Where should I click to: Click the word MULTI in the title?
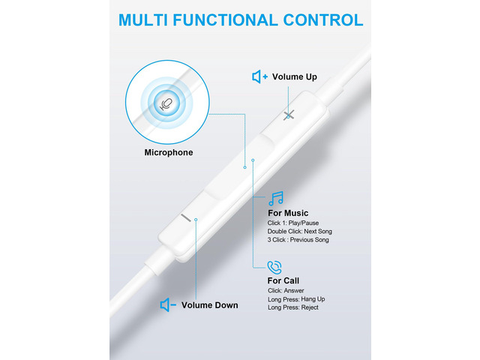pyautogui.click(x=143, y=20)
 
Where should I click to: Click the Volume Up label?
pyautogui.click(x=295, y=76)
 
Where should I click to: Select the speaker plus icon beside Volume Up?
pyautogui.click(x=260, y=76)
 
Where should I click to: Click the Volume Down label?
pyautogui.click(x=210, y=305)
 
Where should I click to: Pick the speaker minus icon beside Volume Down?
pyautogui.click(x=168, y=305)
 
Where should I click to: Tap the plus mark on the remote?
pyautogui.click(x=289, y=115)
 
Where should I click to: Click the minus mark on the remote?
pyautogui.click(x=186, y=217)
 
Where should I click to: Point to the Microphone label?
pyautogui.click(x=169, y=152)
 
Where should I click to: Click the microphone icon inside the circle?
pyautogui.click(x=166, y=104)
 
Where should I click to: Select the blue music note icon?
pyautogui.click(x=276, y=199)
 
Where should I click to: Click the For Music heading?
pyautogui.click(x=288, y=213)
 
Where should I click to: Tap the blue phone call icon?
pyautogui.click(x=274, y=268)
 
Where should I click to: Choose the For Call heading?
pyautogui.click(x=283, y=280)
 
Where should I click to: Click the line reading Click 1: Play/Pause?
pyautogui.click(x=293, y=223)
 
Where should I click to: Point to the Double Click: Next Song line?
pyautogui.click(x=300, y=232)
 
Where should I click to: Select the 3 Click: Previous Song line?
pyautogui.click(x=298, y=240)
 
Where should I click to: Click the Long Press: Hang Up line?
pyautogui.click(x=296, y=299)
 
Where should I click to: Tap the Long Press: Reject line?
pyautogui.click(x=293, y=307)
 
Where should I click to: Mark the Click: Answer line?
pyautogui.click(x=286, y=290)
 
